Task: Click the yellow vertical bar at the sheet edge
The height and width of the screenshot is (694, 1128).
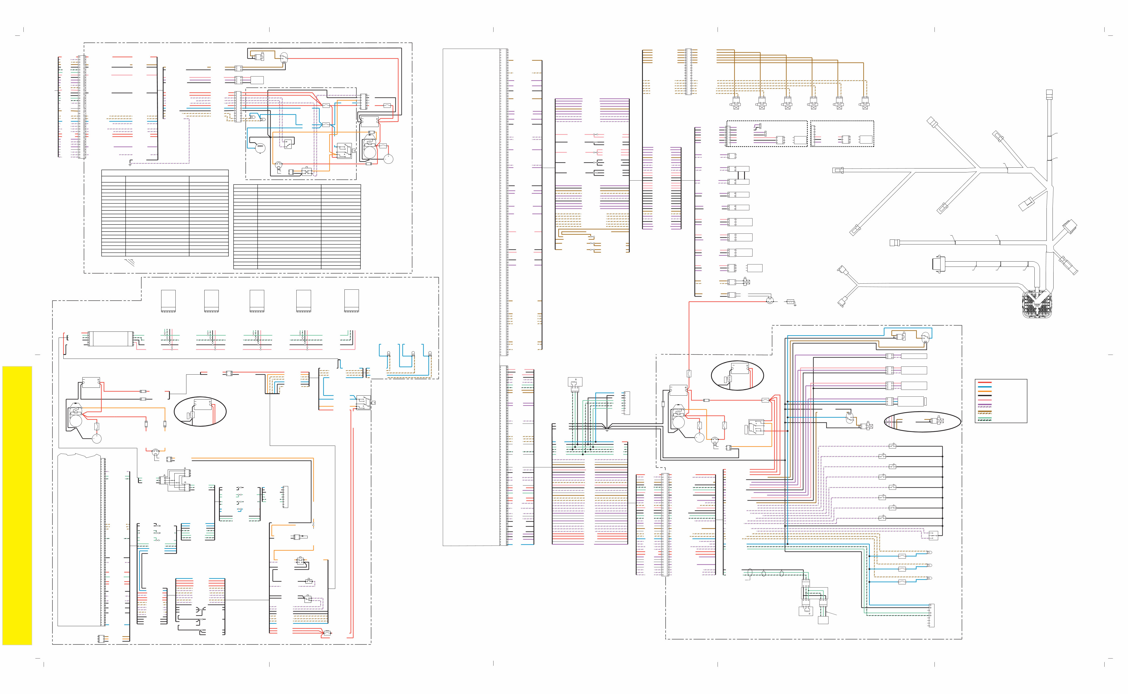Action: tap(17, 505)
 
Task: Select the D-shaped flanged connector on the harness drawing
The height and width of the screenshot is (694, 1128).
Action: tap(937, 264)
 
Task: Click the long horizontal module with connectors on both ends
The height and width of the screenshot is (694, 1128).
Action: tap(110, 339)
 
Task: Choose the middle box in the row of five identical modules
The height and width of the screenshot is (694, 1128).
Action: tap(257, 301)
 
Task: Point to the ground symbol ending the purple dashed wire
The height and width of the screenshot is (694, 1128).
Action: tap(130, 164)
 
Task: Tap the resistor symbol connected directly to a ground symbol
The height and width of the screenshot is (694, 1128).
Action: tap(791, 303)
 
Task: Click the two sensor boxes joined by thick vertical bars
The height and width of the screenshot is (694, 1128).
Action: tap(739, 175)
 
